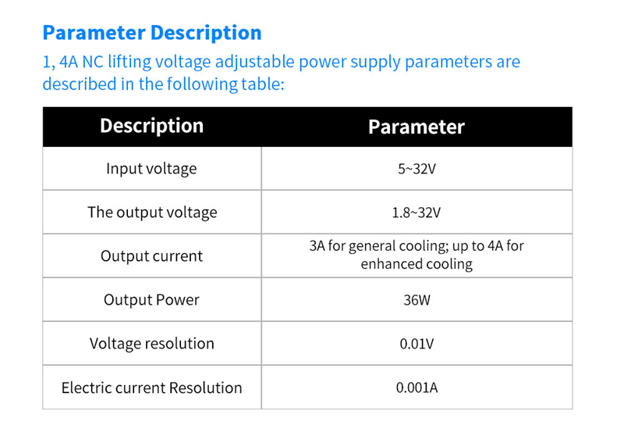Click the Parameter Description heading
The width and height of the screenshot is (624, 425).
(152, 33)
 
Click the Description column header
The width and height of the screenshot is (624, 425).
(151, 126)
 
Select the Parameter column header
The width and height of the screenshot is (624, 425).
(416, 127)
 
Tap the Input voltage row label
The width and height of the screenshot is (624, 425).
(151, 169)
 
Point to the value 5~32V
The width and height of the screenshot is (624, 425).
(417, 169)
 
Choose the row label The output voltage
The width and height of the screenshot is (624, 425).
(152, 212)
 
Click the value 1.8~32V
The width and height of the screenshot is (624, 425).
(417, 212)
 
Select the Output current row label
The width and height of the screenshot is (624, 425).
(151, 256)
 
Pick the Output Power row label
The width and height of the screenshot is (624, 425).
(151, 300)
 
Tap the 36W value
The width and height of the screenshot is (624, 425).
(417, 300)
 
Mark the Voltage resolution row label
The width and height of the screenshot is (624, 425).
(152, 344)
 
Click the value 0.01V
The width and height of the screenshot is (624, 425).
(417, 344)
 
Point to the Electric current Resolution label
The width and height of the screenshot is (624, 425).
(152, 387)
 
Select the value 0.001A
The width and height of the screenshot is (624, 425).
(417, 387)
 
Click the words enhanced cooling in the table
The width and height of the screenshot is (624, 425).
(417, 264)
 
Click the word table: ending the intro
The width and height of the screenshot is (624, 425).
(261, 84)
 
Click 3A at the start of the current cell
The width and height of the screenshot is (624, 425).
(317, 246)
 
